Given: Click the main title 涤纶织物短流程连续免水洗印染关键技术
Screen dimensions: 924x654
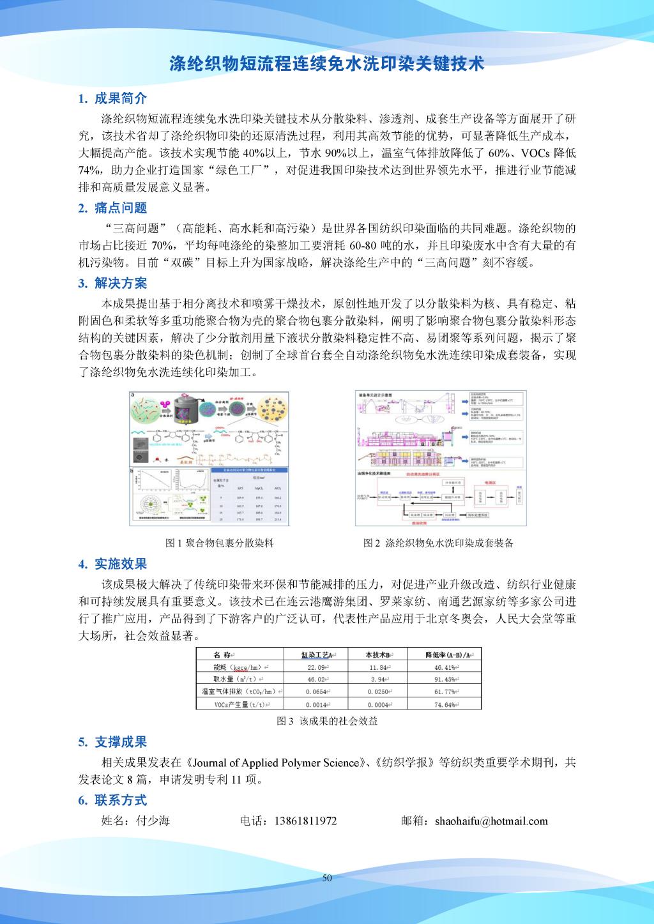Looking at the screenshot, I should click(326, 64).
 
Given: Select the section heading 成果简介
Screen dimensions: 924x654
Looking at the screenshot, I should click(120, 98).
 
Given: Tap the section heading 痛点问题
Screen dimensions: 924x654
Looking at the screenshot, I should click(120, 208).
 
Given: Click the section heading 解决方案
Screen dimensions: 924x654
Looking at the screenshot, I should click(120, 283).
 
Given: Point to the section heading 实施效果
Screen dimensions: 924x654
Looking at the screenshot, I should click(120, 564).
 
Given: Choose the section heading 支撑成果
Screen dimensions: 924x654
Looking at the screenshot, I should click(120, 742).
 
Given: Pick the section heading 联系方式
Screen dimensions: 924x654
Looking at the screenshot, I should click(120, 800).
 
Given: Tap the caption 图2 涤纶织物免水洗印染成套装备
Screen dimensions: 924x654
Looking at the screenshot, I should click(438, 543).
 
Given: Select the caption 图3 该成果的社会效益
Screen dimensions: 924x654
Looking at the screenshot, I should click(327, 721).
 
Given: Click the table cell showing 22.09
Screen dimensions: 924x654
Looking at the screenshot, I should click(317, 667).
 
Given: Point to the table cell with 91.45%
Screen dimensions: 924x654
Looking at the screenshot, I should click(444, 679).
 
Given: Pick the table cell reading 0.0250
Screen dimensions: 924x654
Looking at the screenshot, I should click(379, 692).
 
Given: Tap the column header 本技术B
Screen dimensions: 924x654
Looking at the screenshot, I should click(379, 655).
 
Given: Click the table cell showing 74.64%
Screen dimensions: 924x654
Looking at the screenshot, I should click(444, 704).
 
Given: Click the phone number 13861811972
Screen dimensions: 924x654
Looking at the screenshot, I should click(305, 821).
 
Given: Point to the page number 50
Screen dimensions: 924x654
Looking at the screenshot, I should click(327, 878).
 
